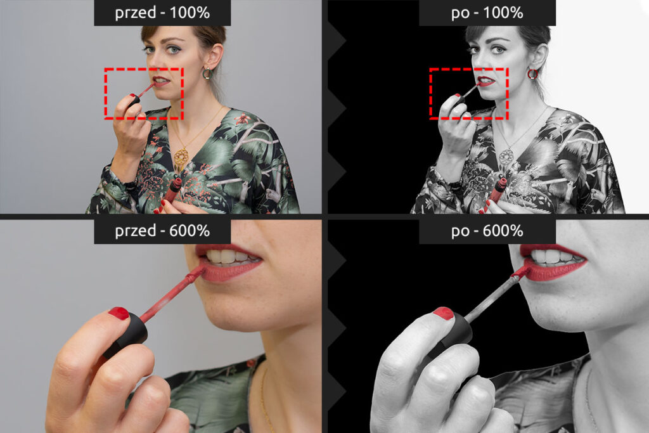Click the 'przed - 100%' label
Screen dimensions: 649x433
point(162,13)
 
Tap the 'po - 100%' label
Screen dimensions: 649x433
point(487,13)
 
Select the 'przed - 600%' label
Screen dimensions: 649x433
point(162,231)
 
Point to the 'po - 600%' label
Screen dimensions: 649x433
point(487,231)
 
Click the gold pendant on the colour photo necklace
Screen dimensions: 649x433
point(181,158)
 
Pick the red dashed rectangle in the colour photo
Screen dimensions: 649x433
point(105,94)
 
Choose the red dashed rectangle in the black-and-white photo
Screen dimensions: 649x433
point(430,94)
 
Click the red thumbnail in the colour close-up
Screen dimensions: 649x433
point(119,313)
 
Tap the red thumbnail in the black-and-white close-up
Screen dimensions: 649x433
point(443,313)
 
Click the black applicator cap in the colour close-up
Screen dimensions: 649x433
point(127,335)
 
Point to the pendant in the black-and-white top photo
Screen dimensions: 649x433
point(506,158)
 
